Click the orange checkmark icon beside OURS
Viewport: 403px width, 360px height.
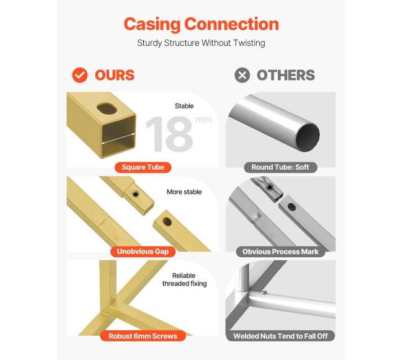(x=80, y=75)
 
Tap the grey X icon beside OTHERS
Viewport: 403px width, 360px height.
(x=242, y=75)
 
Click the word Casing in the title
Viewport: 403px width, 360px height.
(x=152, y=24)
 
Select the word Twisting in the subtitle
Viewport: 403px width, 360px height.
(x=249, y=43)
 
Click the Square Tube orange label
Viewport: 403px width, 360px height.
(x=143, y=167)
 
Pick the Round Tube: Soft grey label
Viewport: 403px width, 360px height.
(x=280, y=167)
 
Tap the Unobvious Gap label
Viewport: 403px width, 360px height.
(x=143, y=252)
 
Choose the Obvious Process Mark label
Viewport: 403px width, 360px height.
(x=280, y=252)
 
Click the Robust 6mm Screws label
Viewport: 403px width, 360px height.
(x=143, y=336)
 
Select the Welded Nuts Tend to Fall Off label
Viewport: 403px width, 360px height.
(x=280, y=336)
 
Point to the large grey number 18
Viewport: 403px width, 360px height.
(x=169, y=134)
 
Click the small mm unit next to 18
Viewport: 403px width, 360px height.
(x=203, y=120)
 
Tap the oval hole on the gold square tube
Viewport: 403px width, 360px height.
(x=107, y=109)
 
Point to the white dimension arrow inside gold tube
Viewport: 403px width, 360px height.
(x=118, y=138)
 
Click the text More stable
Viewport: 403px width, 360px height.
(x=184, y=192)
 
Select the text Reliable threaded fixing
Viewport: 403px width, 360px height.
(x=184, y=279)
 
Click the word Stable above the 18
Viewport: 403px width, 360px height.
(x=184, y=106)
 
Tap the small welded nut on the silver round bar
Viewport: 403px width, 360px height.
(x=264, y=292)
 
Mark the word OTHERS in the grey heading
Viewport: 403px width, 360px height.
(x=286, y=75)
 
